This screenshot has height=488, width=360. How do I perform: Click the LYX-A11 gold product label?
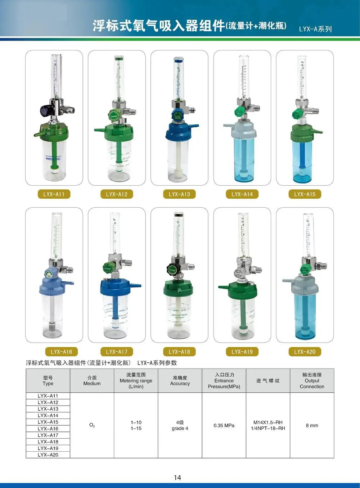coord(54,194)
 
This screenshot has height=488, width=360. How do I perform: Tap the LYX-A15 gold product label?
coord(305,194)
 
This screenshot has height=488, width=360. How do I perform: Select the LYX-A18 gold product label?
coord(179,352)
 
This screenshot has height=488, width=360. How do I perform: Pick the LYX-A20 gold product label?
coord(305,352)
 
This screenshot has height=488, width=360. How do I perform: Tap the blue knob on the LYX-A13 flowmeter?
coord(178,117)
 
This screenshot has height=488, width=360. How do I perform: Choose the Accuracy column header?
coord(180,381)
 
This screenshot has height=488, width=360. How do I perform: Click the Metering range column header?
coord(136,381)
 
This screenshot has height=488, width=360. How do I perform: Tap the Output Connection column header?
coord(312,381)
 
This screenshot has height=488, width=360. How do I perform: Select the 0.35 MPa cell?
coord(224,425)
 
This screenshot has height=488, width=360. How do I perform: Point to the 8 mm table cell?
coord(312,425)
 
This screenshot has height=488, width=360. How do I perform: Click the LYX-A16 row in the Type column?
coord(48,429)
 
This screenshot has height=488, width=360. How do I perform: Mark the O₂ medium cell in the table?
coord(92,425)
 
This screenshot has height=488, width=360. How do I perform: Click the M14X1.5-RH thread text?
coord(268,423)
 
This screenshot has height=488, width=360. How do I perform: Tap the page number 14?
coord(177,478)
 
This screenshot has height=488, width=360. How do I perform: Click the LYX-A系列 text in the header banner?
coord(315,29)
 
